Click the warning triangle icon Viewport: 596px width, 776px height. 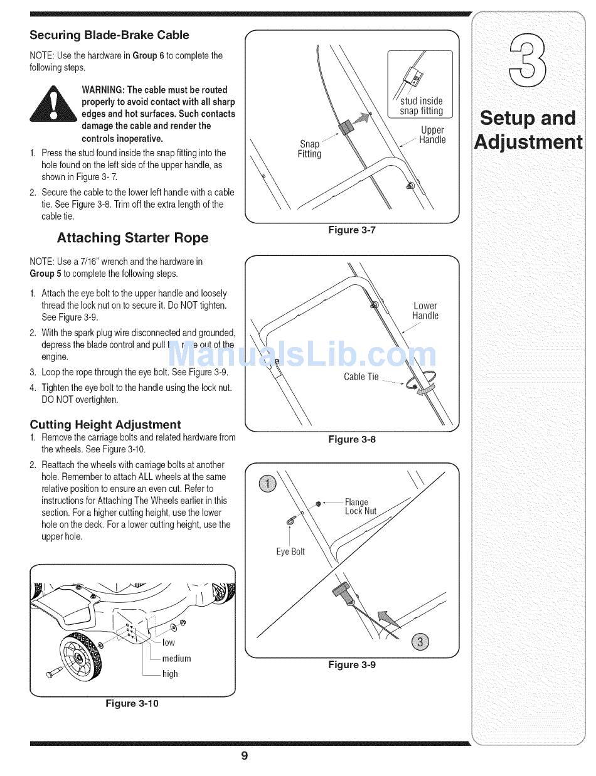pos(54,104)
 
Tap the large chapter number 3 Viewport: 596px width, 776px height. pos(527,61)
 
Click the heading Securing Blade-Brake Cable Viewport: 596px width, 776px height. pos(109,35)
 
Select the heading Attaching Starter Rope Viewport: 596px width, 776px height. pos(132,238)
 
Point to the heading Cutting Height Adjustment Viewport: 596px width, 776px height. pos(105,425)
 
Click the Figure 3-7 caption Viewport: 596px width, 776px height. pos(352,230)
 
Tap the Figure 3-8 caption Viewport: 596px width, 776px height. pos(352,440)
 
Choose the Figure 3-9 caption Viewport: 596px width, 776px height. pos(352,665)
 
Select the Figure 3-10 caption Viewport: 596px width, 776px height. pos(132,703)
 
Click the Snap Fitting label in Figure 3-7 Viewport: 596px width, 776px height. pos(309,149)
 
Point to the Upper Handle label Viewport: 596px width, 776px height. pos(432,135)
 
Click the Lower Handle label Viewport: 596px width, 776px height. pos(425,311)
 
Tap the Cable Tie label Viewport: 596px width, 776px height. pos(361,377)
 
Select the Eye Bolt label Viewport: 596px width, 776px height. pos(290,551)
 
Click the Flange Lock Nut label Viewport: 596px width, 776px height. pos(361,506)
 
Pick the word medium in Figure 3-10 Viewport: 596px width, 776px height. pos(176,659)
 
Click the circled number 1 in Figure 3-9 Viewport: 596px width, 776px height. pos(268,483)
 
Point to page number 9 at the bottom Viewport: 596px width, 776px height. pos(245,756)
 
